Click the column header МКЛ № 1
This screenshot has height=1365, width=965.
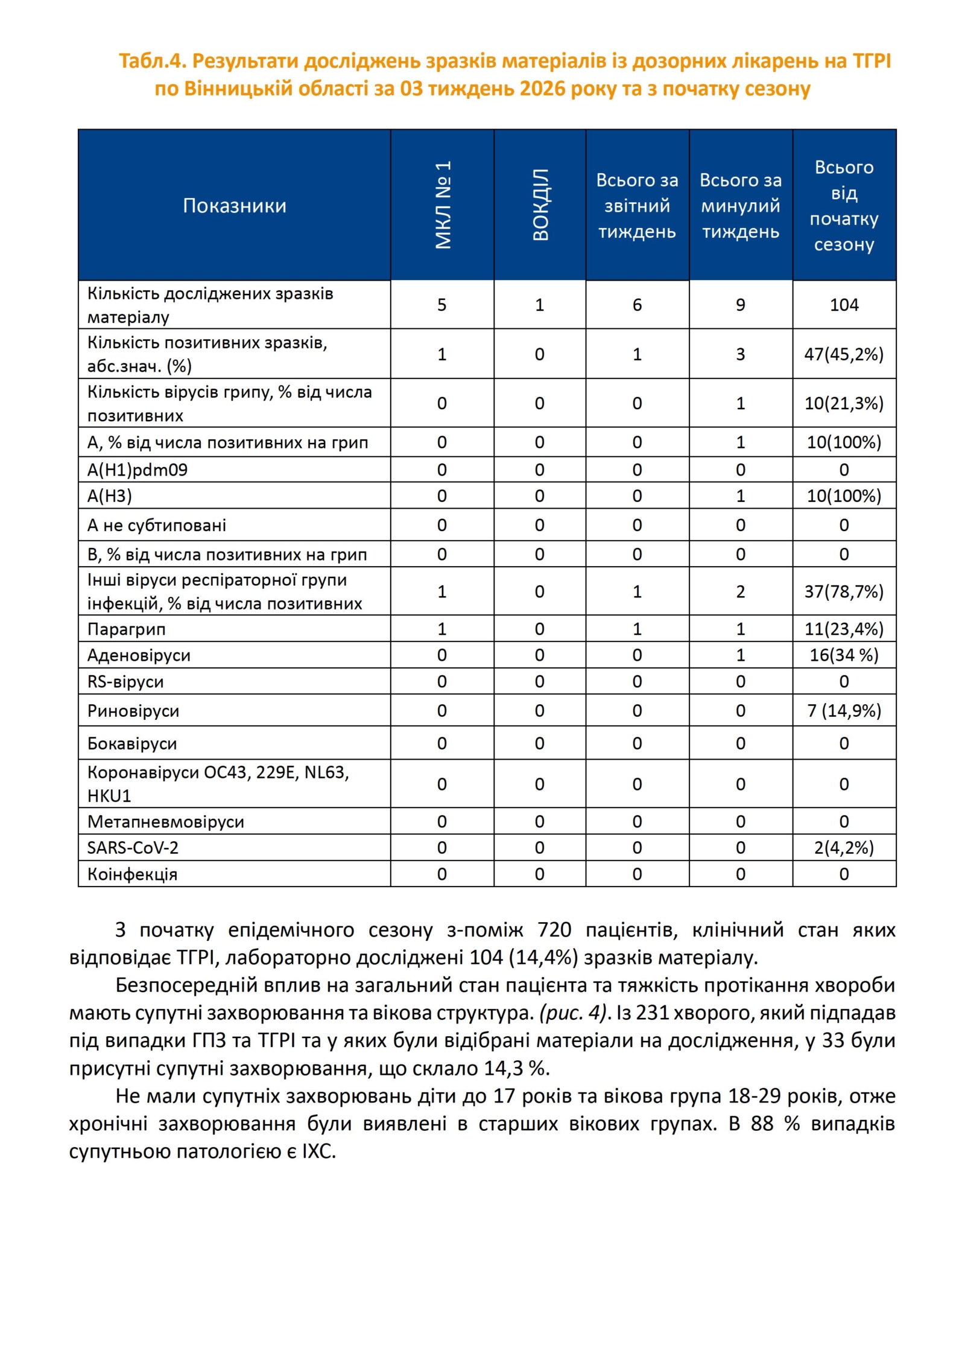click(442, 205)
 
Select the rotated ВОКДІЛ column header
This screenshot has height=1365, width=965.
click(540, 205)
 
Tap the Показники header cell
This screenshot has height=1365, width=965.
click(234, 206)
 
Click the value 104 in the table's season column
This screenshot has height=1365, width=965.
click(844, 305)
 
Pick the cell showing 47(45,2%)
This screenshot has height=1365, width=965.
click(844, 354)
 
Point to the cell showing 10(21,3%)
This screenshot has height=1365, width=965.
click(844, 403)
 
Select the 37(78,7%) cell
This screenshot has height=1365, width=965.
click(844, 591)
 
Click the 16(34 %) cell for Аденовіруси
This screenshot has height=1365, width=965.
click(844, 655)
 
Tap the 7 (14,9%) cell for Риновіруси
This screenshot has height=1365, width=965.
click(844, 710)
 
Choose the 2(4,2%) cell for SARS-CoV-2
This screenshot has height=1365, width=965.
click(844, 848)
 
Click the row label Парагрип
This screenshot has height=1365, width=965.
click(126, 629)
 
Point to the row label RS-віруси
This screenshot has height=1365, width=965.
click(125, 681)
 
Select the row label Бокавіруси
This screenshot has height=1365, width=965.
click(132, 743)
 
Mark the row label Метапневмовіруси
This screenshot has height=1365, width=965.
click(166, 821)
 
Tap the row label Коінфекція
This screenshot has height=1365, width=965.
click(132, 874)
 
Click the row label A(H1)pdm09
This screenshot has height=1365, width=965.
click(138, 469)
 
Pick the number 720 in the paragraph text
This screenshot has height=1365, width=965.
click(554, 930)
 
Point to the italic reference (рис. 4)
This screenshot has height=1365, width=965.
click(572, 1013)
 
